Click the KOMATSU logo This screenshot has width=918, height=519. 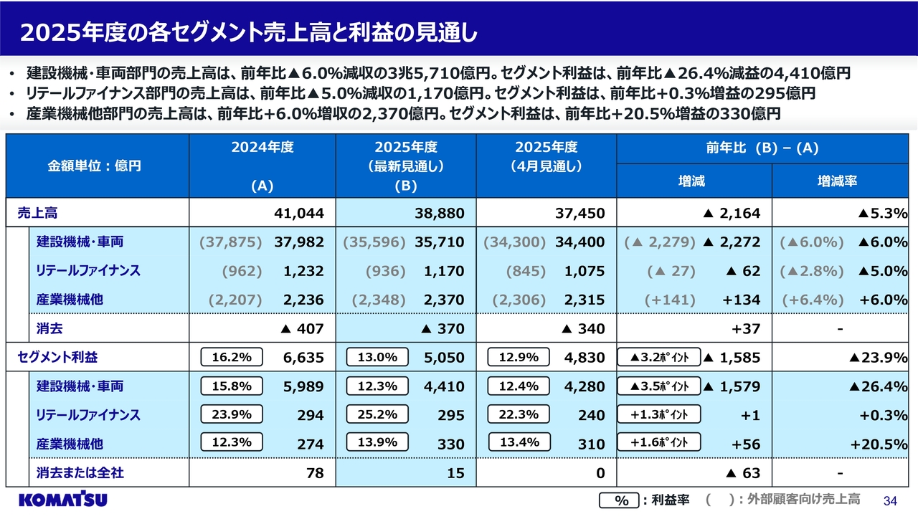click(x=63, y=500)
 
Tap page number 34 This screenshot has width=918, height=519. click(x=891, y=500)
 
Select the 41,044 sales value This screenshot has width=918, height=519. click(x=299, y=213)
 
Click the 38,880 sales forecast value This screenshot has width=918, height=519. click(x=440, y=213)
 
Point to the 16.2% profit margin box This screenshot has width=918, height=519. click(x=232, y=357)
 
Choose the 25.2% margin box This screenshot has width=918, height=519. click(x=377, y=414)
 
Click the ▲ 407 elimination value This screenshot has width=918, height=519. click(x=301, y=329)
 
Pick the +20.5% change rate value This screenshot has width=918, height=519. click(x=879, y=444)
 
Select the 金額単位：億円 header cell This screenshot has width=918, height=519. click(x=95, y=166)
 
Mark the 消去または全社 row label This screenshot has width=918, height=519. click(x=80, y=473)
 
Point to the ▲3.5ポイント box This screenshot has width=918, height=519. click(x=659, y=386)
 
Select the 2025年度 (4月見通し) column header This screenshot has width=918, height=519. click(x=546, y=156)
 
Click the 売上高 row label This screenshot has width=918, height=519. click(x=39, y=213)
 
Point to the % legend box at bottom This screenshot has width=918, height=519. click(x=618, y=500)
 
